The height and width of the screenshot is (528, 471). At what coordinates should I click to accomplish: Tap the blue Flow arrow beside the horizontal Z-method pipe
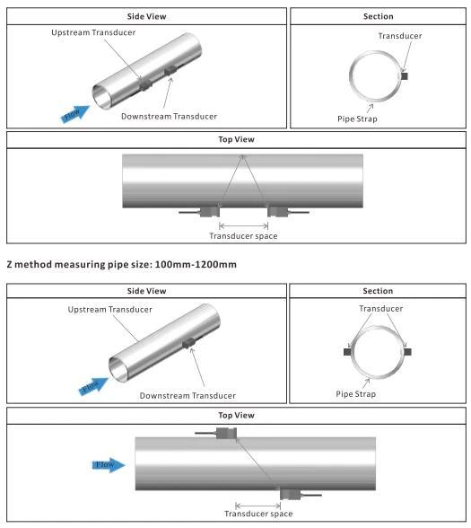[109, 465]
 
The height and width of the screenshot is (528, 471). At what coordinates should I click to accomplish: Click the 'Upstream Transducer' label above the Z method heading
[93, 32]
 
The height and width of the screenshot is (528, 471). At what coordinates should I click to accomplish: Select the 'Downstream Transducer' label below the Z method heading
[188, 396]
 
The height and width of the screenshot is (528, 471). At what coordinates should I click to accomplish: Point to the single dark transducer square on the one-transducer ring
[404, 76]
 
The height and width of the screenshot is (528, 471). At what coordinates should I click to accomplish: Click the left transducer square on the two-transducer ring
[347, 352]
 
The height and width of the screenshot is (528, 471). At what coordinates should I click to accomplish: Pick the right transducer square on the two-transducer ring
[407, 352]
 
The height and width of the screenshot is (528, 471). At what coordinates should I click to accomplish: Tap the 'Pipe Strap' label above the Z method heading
[357, 119]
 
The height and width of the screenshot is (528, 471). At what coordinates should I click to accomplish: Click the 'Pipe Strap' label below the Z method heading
[356, 394]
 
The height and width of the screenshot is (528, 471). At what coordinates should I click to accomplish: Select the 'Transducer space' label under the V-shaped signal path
[243, 236]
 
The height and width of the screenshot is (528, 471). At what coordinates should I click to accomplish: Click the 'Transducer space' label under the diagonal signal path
[258, 514]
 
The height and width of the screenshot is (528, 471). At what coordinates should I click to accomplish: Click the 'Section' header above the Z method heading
[379, 16]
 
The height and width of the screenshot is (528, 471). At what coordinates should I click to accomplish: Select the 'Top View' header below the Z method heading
[236, 415]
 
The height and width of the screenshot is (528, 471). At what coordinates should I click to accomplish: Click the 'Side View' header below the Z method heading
[147, 291]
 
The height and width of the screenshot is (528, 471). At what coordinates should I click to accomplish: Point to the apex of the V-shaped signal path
[242, 155]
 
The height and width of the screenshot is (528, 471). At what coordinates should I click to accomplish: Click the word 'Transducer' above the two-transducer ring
[380, 309]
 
